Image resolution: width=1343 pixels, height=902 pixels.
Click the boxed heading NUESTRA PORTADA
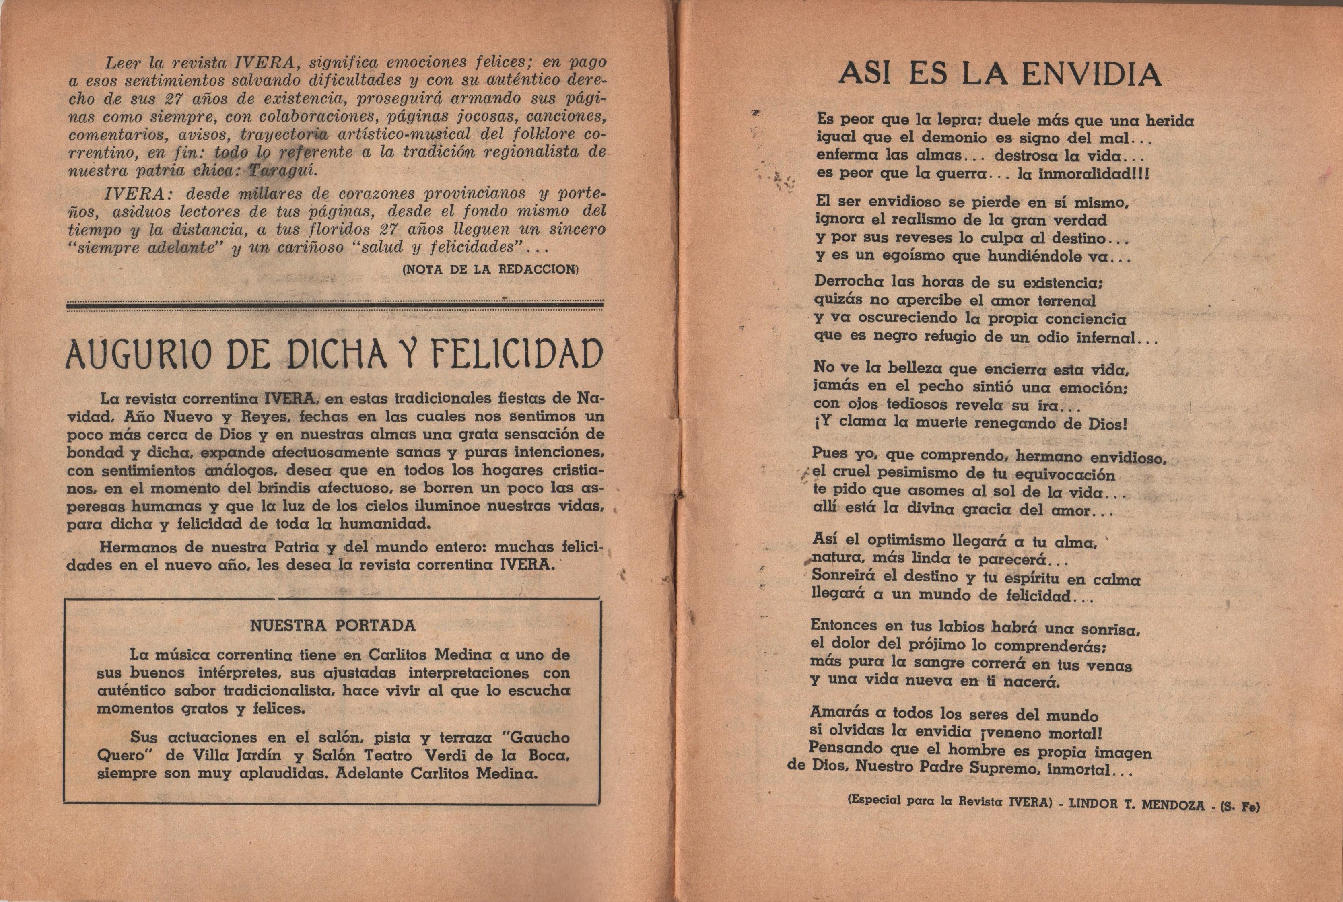pos(333,626)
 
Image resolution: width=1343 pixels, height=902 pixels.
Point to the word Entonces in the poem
pos(844,626)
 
